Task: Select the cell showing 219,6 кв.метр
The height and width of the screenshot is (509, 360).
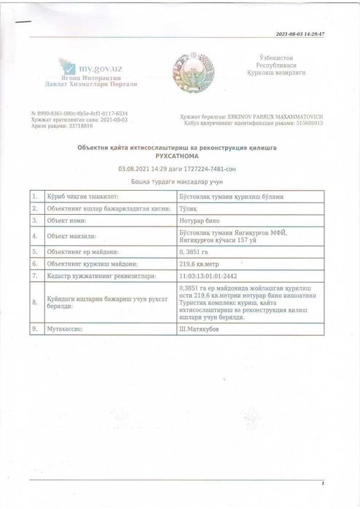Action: click(198, 263)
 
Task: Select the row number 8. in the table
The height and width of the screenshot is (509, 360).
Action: click(34, 303)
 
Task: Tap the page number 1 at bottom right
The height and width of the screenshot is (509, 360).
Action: click(322, 483)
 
